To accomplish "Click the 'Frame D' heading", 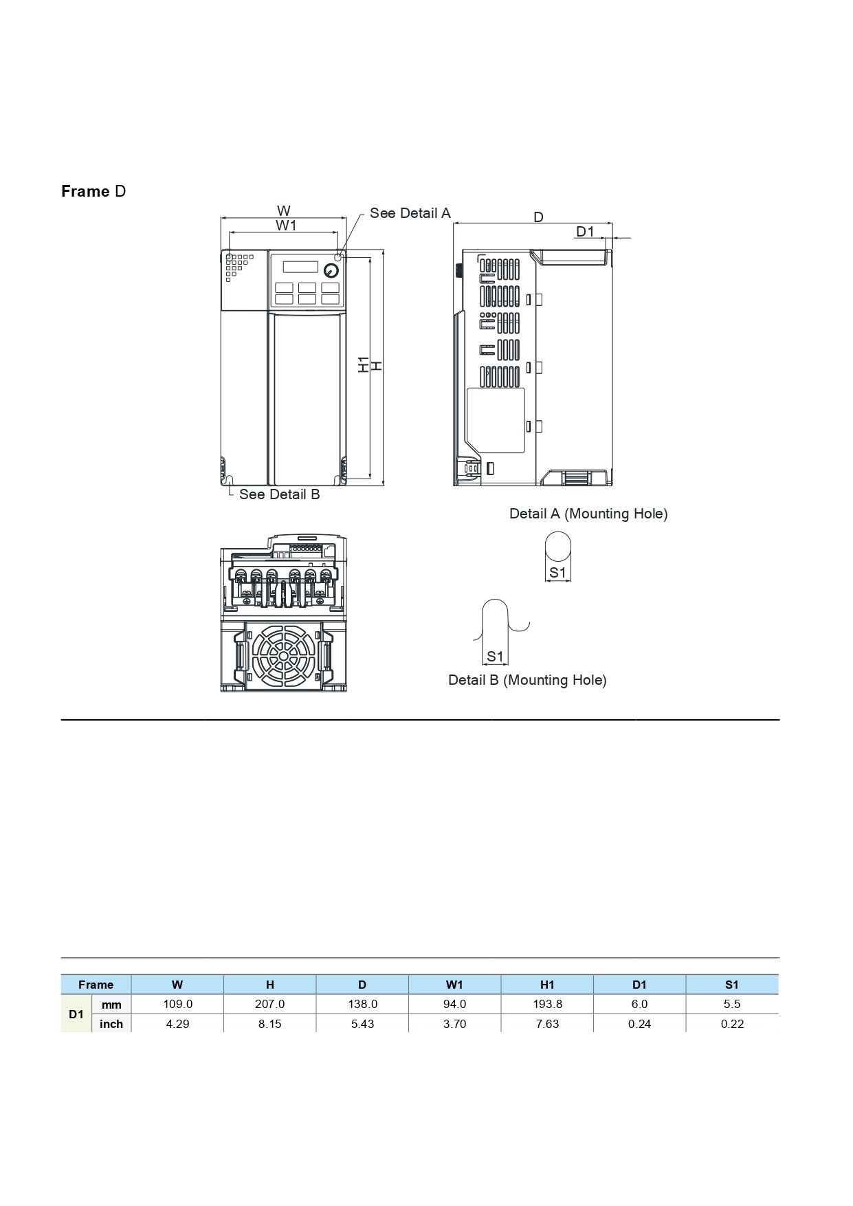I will [x=93, y=191].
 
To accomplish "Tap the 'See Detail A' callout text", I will [x=410, y=213].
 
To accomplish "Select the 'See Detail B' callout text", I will [x=279, y=494].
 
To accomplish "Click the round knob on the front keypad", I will [x=331, y=270].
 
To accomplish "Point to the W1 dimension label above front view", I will [x=286, y=226].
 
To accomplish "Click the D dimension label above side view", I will [x=538, y=217].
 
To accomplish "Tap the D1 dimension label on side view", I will [x=585, y=232].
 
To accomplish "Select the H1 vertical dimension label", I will [x=363, y=365].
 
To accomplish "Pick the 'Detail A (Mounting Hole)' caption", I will [x=588, y=514].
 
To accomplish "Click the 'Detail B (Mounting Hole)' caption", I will [x=527, y=680].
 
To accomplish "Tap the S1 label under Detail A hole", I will [x=557, y=573].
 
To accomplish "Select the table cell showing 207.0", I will [x=269, y=1004].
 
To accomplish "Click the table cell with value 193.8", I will [x=547, y=1004].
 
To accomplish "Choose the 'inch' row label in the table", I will [x=111, y=1024].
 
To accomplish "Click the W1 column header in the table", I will [x=454, y=985].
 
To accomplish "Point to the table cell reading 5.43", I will [x=362, y=1024].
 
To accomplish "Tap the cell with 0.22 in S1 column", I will [x=732, y=1024].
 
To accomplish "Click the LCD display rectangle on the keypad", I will [x=300, y=267].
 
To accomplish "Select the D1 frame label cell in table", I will [x=76, y=1014].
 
